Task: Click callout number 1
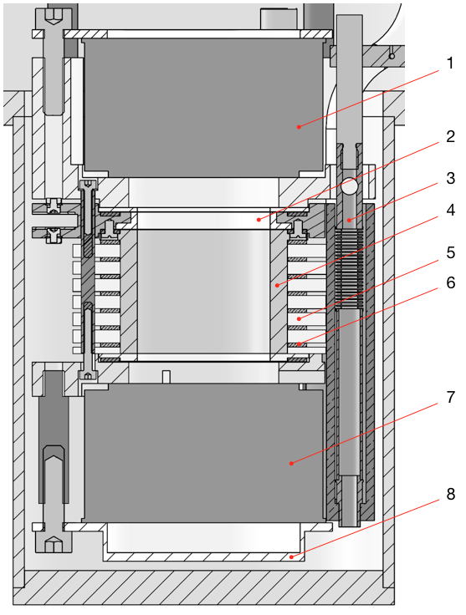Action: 450,64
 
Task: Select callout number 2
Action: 450,136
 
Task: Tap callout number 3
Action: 450,178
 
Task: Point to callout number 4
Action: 450,211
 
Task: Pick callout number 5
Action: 450,251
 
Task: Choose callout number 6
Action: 450,283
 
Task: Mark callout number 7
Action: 450,394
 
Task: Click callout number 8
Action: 450,495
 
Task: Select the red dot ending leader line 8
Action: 291,555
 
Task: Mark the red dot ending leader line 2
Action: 259,220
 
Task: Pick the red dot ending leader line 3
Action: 348,220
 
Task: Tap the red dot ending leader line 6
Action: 299,343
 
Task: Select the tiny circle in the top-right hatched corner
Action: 391,56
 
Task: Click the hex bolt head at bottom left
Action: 52,544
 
